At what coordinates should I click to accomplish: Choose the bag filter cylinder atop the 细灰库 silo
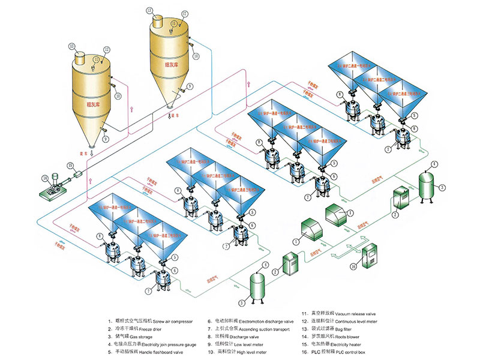pos(158,20)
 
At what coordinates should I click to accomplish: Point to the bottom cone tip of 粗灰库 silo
pos(91,145)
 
